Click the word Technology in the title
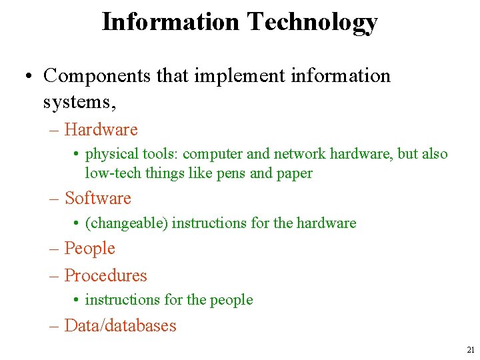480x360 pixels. [x=312, y=22]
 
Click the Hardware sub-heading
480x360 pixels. [x=101, y=129]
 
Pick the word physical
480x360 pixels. [x=110, y=154]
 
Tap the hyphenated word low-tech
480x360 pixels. [x=109, y=173]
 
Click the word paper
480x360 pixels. [x=294, y=173]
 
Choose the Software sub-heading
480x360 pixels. [x=97, y=198]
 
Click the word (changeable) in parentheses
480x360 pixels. [x=126, y=223]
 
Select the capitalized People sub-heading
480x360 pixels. [x=90, y=249]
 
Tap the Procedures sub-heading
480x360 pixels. [x=105, y=275]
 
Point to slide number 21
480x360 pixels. [x=471, y=350]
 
